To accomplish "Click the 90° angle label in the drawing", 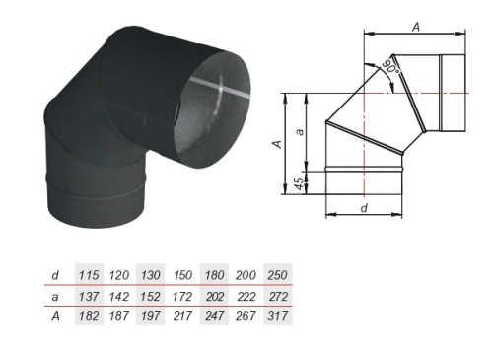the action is pyautogui.click(x=393, y=68).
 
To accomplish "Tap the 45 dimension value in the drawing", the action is pyautogui.click(x=300, y=183).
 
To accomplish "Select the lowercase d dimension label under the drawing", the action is pyautogui.click(x=364, y=208).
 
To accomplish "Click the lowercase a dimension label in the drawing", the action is pyautogui.click(x=300, y=132).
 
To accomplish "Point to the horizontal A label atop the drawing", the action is pyautogui.click(x=416, y=27).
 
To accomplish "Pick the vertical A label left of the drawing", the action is pyautogui.click(x=278, y=144).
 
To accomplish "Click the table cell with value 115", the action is pyautogui.click(x=89, y=275).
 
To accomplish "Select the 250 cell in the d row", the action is pyautogui.click(x=278, y=275).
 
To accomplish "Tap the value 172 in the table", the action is pyautogui.click(x=182, y=297).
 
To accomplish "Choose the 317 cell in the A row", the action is pyautogui.click(x=278, y=316).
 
